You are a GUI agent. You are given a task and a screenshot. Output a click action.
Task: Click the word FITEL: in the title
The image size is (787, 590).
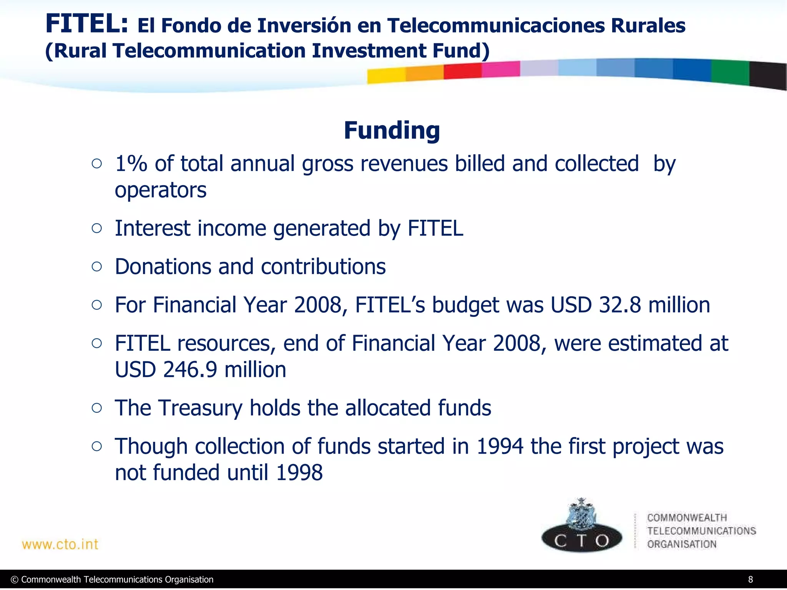(86, 24)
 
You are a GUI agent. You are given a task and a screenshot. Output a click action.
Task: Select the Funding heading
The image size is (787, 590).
(392, 130)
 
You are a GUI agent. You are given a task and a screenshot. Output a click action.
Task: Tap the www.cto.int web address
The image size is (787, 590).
(60, 544)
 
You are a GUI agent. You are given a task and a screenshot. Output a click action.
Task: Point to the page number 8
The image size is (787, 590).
(750, 580)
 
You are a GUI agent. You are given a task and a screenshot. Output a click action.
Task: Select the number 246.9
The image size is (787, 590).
(191, 370)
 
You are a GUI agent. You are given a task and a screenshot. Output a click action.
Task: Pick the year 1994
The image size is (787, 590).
(500, 446)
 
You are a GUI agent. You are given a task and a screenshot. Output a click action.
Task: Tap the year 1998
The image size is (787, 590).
(299, 472)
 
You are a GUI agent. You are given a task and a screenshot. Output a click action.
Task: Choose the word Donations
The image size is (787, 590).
(163, 267)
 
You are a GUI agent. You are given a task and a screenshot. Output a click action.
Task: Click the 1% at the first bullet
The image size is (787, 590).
(131, 164)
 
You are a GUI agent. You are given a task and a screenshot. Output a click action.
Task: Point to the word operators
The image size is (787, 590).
(161, 190)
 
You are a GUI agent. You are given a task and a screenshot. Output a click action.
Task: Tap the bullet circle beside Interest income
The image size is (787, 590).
(97, 229)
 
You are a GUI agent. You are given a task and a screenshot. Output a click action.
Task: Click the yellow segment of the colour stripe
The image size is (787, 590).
(386, 76)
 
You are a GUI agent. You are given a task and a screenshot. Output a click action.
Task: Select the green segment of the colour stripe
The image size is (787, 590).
(730, 72)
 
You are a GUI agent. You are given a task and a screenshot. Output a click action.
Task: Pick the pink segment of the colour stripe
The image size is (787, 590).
(500, 69)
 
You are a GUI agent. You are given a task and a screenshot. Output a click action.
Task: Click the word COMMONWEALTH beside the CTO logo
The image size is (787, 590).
(687, 518)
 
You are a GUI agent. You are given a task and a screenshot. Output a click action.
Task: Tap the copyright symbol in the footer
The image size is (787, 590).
(15, 580)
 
